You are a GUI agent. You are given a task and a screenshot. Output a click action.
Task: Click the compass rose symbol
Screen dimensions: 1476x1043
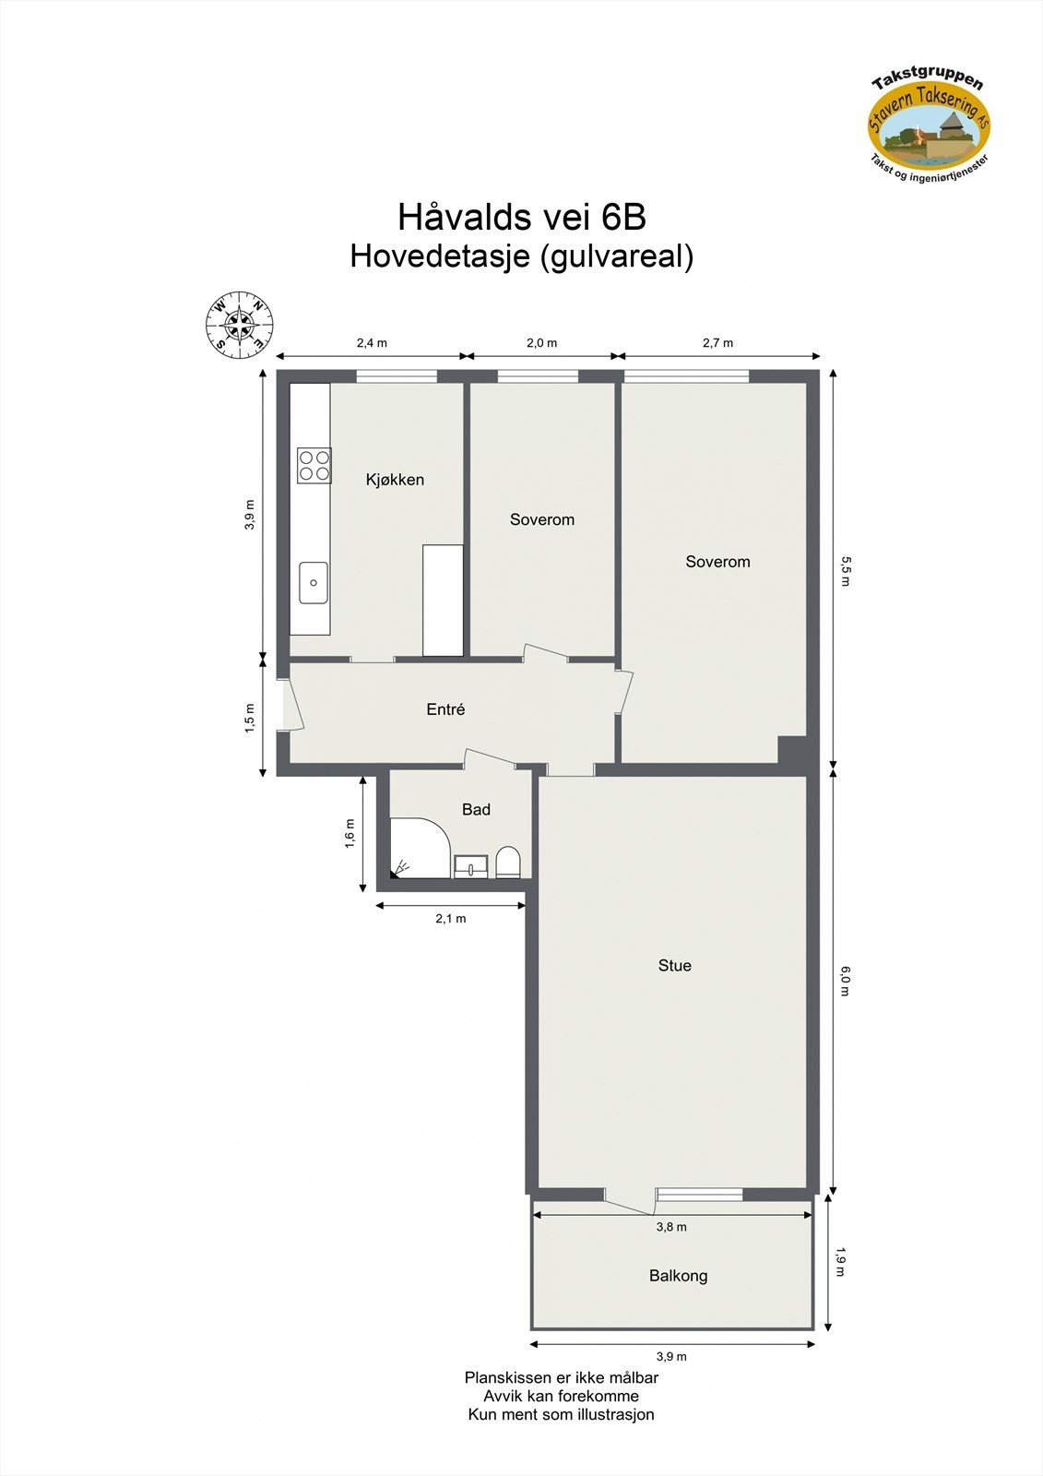click(239, 324)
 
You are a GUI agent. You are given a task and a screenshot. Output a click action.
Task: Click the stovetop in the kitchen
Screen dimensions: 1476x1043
click(314, 465)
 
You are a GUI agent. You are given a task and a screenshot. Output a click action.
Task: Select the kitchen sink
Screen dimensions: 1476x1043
click(314, 582)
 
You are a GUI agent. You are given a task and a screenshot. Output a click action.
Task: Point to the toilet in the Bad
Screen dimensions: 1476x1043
click(508, 863)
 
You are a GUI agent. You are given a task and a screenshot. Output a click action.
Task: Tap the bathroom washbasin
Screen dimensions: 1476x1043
click(471, 865)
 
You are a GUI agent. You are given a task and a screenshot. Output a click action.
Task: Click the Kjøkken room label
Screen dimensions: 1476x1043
click(395, 480)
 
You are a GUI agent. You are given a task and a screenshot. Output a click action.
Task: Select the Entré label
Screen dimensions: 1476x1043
click(445, 709)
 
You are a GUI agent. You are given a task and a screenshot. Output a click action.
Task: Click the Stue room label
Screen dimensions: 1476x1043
click(674, 966)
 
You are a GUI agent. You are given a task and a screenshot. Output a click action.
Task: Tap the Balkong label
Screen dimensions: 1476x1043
click(678, 1276)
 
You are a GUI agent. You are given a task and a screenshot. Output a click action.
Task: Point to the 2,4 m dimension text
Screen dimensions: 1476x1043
click(372, 343)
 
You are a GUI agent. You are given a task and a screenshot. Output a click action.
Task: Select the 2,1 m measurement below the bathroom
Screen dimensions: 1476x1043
click(451, 919)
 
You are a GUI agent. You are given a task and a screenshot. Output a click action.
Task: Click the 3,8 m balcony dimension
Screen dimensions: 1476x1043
click(670, 1227)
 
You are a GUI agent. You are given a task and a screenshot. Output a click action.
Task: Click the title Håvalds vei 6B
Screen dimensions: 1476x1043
click(521, 218)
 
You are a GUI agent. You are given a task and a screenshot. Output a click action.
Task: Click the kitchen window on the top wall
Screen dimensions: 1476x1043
click(397, 375)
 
